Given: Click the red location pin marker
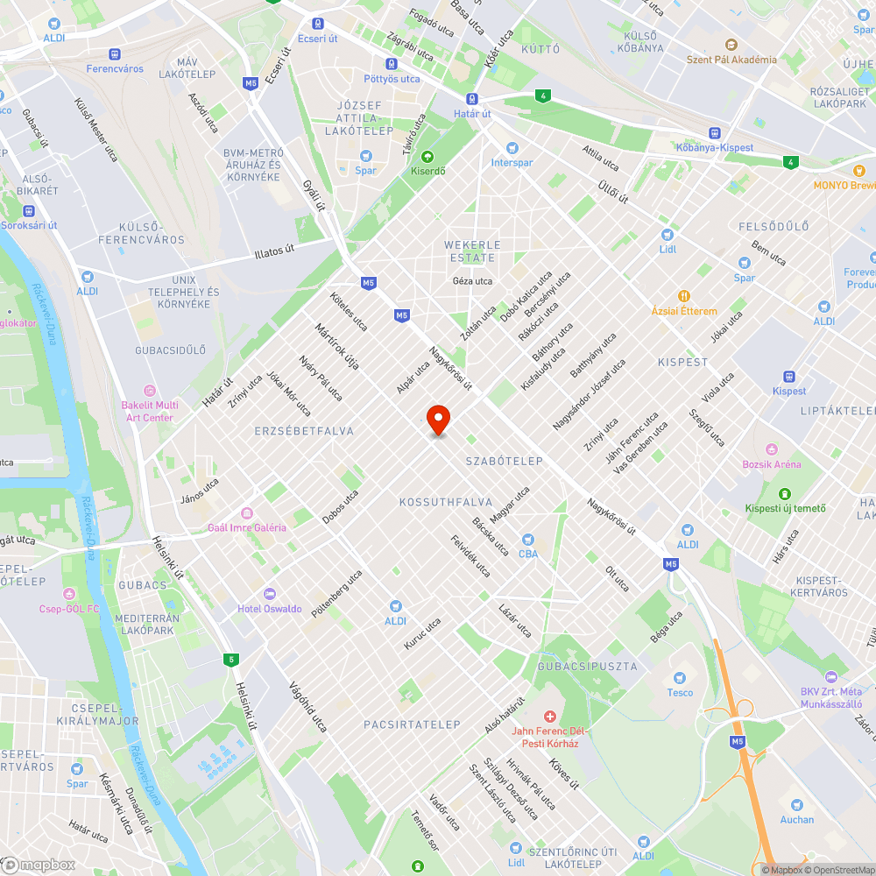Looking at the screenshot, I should pyautogui.click(x=437, y=420).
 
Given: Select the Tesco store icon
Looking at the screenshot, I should pyautogui.click(x=679, y=677).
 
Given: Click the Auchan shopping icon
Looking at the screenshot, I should pyautogui.click(x=796, y=804).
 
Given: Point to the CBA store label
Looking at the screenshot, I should pyautogui.click(x=527, y=554).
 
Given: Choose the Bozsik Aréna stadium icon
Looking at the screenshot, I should pyautogui.click(x=772, y=449).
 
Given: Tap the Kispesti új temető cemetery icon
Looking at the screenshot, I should pyautogui.click(x=784, y=493).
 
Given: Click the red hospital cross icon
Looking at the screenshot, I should pyautogui.click(x=550, y=717).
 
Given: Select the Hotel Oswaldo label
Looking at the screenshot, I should pyautogui.click(x=270, y=609).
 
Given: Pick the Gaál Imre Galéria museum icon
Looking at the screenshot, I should pyautogui.click(x=246, y=513).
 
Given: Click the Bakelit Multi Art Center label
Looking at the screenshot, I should pyautogui.click(x=150, y=412).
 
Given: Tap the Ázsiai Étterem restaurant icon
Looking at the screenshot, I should pyautogui.click(x=683, y=296).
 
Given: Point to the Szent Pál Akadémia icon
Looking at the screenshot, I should pyautogui.click(x=731, y=45).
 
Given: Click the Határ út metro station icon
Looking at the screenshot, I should pyautogui.click(x=472, y=100).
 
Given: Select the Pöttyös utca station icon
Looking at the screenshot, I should pyautogui.click(x=391, y=64).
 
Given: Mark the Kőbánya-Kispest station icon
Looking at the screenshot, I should pyautogui.click(x=715, y=133).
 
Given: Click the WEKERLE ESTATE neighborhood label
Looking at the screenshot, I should pyautogui.click(x=472, y=251).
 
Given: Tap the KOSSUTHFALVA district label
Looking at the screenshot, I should pyautogui.click(x=439, y=502).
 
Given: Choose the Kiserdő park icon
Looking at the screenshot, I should pyautogui.click(x=427, y=157).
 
